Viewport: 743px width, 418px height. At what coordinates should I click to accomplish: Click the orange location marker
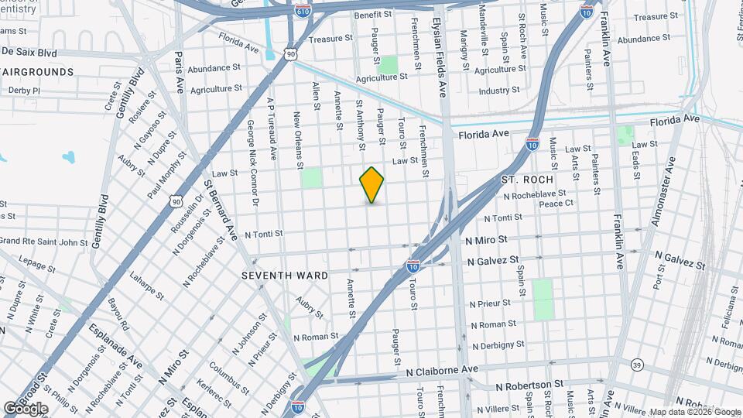(x=372, y=185)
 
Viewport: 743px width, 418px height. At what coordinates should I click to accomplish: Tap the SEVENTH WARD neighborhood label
(x=285, y=276)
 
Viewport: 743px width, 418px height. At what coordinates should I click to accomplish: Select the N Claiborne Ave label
(x=443, y=372)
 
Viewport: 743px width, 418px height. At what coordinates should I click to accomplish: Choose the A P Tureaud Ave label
(x=271, y=128)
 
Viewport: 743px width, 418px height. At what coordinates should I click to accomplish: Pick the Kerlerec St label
(x=217, y=395)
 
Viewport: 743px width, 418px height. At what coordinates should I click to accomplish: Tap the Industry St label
(x=498, y=91)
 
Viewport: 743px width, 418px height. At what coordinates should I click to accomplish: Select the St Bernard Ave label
(x=220, y=210)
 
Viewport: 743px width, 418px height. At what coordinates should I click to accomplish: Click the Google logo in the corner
(x=26, y=408)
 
